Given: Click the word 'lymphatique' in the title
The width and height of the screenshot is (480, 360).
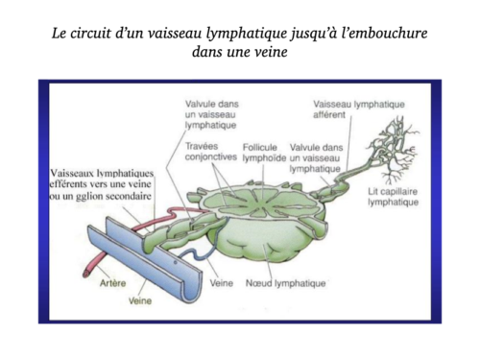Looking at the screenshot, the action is coord(246,34).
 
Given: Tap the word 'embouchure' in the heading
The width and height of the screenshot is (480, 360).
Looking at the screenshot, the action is coord(385,33).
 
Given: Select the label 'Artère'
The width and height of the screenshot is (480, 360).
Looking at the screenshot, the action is coord(112,283).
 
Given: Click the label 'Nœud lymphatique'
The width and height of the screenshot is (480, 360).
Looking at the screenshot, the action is coord(285,283).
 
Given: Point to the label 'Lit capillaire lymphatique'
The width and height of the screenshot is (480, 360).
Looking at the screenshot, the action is coord(394,197).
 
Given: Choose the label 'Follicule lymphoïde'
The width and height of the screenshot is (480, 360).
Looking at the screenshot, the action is coord(264,153).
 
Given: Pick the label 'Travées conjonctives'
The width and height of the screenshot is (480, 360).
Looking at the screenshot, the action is coord(211,152).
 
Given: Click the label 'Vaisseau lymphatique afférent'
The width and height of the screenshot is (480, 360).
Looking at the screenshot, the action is coord(359,109).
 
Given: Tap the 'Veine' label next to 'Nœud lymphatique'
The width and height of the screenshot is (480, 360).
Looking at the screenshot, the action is coord(222,283).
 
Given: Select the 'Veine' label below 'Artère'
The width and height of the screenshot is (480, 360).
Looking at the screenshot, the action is coord(140,300).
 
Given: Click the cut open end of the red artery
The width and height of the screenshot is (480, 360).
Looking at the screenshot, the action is coord(85,274).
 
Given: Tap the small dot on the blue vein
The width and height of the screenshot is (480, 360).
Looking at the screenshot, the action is coord(176,262).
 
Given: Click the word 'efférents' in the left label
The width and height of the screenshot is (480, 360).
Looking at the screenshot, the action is coord(67,184).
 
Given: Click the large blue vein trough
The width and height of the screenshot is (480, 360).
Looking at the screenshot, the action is coord(145,259).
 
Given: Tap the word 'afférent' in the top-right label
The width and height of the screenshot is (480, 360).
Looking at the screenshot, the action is coord(329,114).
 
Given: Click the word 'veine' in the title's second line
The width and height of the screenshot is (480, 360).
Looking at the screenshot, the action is coord(272,52).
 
